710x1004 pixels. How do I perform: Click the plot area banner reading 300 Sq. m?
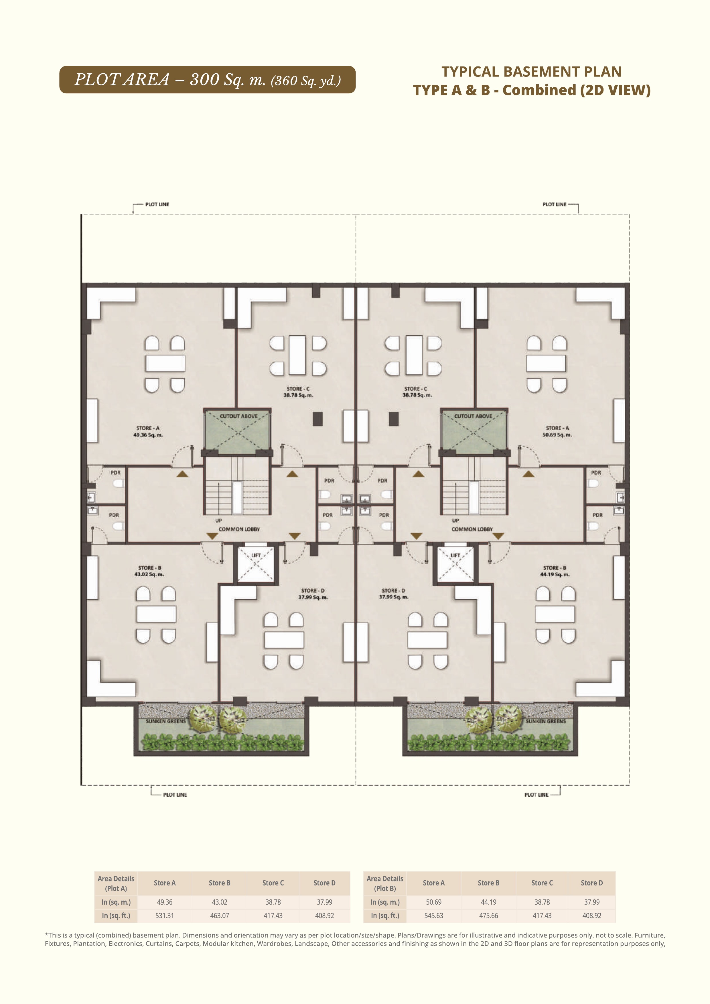point(207,80)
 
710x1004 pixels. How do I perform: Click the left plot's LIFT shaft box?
point(256,564)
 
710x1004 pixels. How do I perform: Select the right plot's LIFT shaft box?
point(455,564)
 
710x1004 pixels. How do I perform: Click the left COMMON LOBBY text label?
point(239,529)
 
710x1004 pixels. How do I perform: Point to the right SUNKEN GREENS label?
point(546,721)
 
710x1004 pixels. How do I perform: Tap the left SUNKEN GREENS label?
point(166,721)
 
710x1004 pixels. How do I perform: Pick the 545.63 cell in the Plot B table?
point(434,915)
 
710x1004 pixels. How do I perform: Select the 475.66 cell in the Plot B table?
point(488,915)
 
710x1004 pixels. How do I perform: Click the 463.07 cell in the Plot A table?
point(220,915)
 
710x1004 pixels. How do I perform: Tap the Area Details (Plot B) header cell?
point(385,883)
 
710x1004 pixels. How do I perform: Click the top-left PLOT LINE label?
point(157,204)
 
